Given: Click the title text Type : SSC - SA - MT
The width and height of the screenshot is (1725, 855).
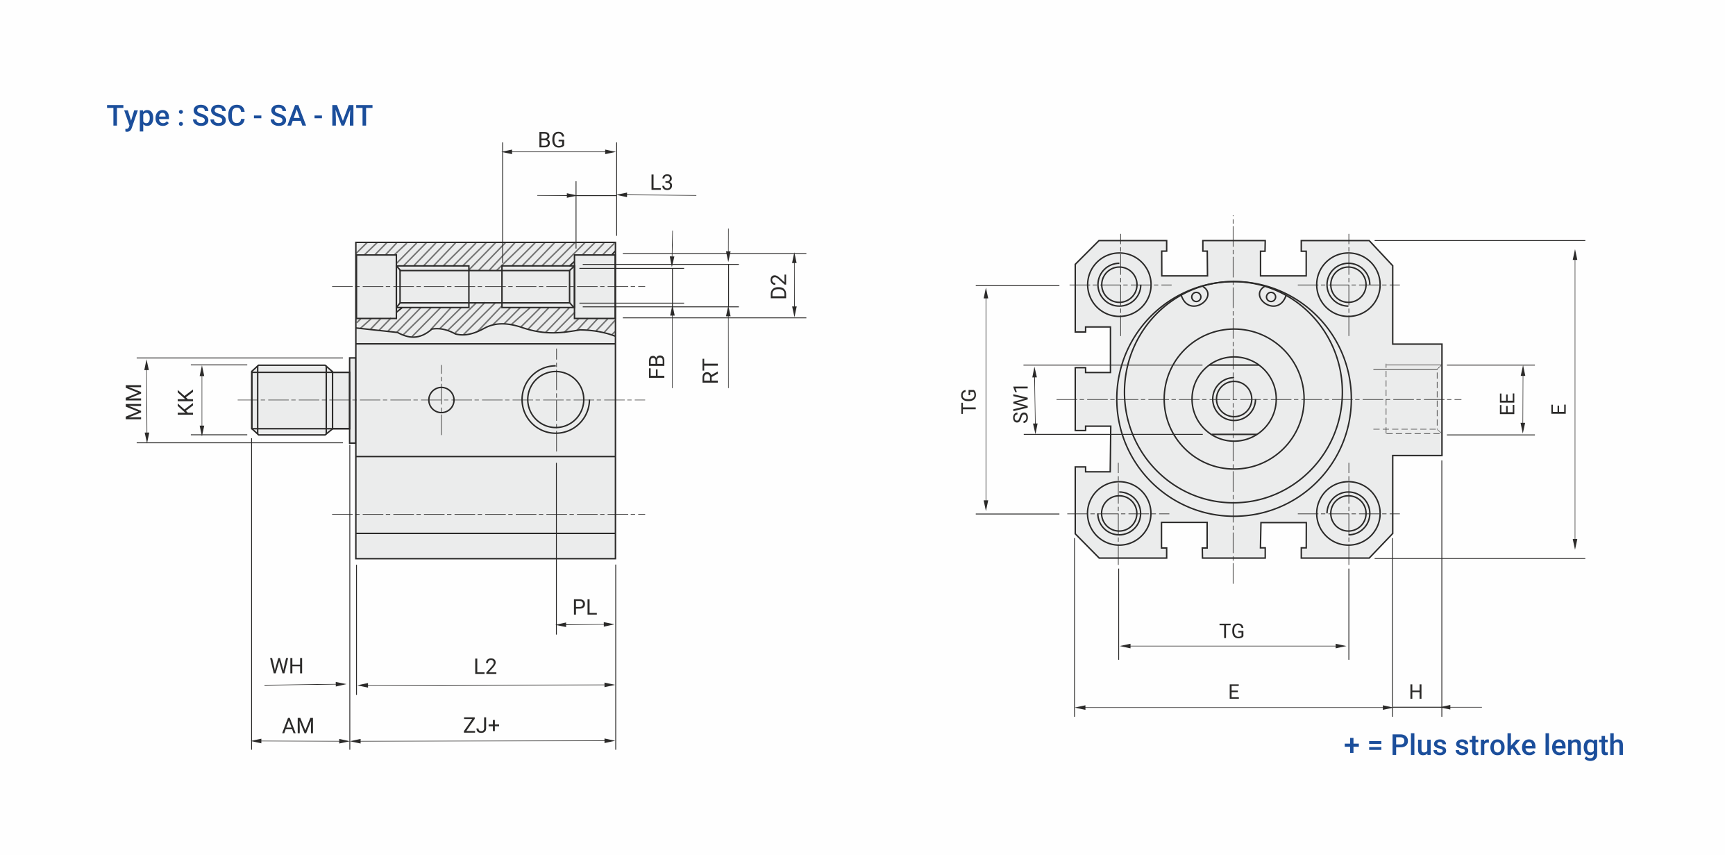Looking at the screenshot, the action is pyautogui.click(x=239, y=116).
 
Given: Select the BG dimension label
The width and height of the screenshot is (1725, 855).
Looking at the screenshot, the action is pyautogui.click(x=552, y=140).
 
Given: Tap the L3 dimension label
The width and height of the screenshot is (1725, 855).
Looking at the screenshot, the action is pyautogui.click(x=662, y=183).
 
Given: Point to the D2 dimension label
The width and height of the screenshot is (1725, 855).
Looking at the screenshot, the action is pyautogui.click(x=779, y=286).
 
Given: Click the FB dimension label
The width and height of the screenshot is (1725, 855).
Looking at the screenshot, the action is pyautogui.click(x=657, y=366).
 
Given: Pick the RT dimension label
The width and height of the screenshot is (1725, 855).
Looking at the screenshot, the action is pyautogui.click(x=710, y=371).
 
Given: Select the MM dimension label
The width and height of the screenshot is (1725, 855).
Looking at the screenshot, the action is pyautogui.click(x=133, y=402).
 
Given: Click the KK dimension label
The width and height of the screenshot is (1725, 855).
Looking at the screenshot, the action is pyautogui.click(x=185, y=403).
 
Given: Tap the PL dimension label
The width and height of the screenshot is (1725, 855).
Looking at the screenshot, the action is pyautogui.click(x=584, y=607).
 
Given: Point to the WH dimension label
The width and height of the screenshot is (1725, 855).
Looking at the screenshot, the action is pyautogui.click(x=287, y=666).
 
